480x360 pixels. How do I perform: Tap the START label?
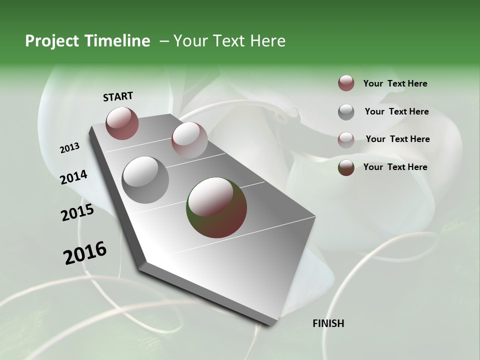(118, 96)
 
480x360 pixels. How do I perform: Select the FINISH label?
(328, 323)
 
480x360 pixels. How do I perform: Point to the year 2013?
(69, 148)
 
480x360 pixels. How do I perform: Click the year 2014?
(73, 177)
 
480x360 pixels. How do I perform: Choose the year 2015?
(77, 213)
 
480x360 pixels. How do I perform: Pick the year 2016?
(85, 253)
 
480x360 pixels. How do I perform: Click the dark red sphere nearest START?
(122, 123)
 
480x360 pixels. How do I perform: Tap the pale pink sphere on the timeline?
(189, 139)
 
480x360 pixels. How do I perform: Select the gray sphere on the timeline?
(145, 179)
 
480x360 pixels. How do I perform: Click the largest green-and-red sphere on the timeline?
(216, 207)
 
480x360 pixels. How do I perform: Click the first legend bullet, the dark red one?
(346, 83)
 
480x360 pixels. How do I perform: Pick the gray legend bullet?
(346, 111)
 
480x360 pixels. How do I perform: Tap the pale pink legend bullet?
(346, 139)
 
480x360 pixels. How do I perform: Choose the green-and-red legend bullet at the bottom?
(346, 167)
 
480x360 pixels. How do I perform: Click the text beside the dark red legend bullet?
(395, 84)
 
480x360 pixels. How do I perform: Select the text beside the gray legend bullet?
(396, 111)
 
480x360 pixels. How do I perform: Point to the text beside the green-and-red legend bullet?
(395, 167)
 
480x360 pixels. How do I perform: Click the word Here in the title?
(268, 41)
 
